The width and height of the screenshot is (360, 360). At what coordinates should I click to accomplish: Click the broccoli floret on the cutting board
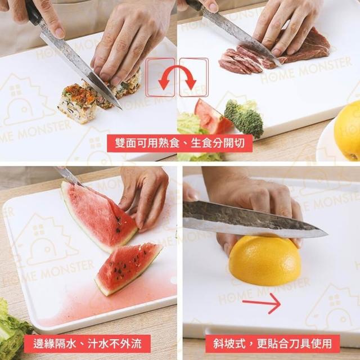244,119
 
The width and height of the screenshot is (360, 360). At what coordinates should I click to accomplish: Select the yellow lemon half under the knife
265,261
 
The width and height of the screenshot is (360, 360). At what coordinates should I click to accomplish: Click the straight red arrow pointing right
261,303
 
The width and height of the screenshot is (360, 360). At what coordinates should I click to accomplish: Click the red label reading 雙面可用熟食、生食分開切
180,143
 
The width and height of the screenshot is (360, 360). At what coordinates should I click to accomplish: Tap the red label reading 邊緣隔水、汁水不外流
87,344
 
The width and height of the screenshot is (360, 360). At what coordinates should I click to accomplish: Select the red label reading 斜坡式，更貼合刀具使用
272,344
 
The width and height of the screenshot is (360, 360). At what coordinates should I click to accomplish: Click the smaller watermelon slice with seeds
129,269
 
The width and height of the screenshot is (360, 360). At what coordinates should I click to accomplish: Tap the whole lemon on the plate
347,131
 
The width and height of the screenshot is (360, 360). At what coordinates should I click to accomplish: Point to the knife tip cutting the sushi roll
121,109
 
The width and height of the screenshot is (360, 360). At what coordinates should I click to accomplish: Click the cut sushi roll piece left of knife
77,103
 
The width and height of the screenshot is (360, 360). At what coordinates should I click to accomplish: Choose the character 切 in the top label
240,143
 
